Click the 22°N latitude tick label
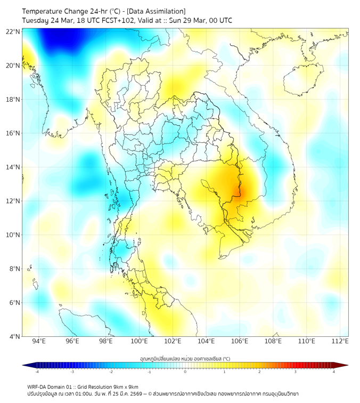(x=13, y=31)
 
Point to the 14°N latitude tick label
(x=13, y=167)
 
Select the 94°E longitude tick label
(x=39, y=342)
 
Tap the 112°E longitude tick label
(x=340, y=342)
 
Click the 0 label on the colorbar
(x=185, y=372)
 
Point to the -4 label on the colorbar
(x=36, y=372)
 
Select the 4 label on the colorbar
(x=334, y=372)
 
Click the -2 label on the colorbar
(x=111, y=372)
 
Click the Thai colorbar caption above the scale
(x=185, y=358)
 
